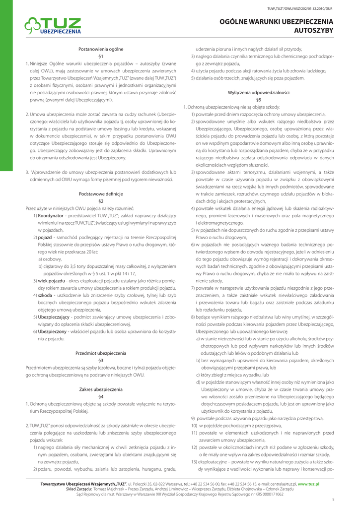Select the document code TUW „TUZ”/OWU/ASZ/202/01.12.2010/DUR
tap(306, 9)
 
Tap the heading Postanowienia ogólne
tap(101, 49)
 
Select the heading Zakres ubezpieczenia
tap(101, 389)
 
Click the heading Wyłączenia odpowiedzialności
tap(258, 92)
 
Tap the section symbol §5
tap(258, 100)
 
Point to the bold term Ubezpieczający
tap(55, 317)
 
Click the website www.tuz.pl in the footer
tap(308, 484)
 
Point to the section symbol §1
tap(101, 57)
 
